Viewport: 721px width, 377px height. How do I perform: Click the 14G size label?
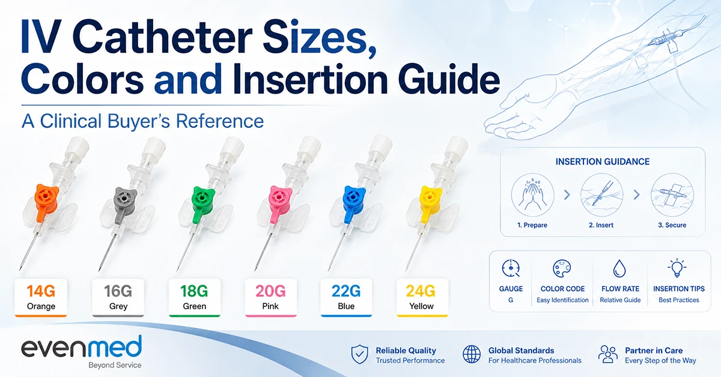tap(41, 291)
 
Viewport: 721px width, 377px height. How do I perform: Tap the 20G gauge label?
tap(270, 291)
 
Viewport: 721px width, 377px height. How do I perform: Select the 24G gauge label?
tap(421, 291)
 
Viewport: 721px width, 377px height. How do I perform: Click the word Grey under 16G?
tap(118, 306)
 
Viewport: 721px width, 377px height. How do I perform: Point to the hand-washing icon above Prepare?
tap(533, 195)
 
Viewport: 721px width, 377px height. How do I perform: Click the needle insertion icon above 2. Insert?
tap(601, 195)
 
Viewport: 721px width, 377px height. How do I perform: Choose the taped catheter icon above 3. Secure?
tap(672, 195)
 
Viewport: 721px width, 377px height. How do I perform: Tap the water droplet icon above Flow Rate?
tap(619, 268)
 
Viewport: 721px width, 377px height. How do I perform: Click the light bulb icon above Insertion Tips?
tap(677, 268)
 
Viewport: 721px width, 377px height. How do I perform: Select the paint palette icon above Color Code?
tap(562, 268)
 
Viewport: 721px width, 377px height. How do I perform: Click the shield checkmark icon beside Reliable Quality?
tap(359, 354)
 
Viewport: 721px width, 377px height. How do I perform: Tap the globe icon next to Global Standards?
tap(472, 354)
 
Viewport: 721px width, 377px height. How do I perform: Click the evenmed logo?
tap(82, 351)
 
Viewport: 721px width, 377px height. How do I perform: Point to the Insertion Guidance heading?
tap(603, 161)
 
